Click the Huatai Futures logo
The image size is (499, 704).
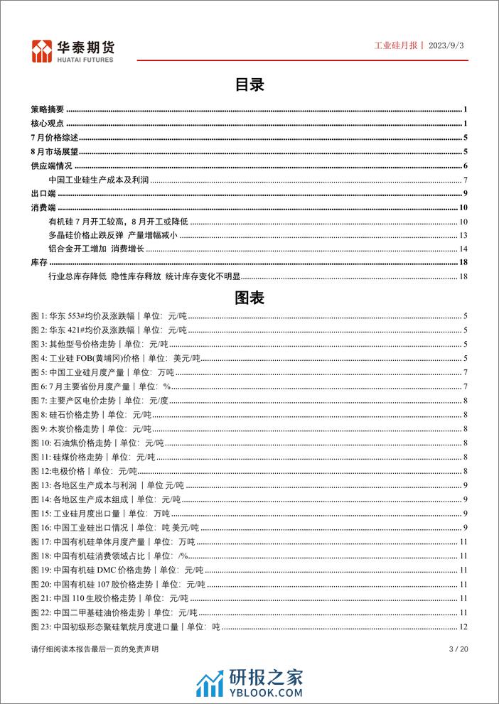coord(73,48)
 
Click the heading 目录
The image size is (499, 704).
coord(249,85)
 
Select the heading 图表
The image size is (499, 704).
coord(249,298)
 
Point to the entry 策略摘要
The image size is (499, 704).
coord(48,109)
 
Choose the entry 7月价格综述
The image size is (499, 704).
coord(55,138)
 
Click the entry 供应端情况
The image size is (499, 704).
coord(52,166)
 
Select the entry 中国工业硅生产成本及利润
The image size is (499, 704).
coord(100,180)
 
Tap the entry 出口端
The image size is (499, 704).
coord(43,194)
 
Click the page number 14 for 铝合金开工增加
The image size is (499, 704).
coord(462,249)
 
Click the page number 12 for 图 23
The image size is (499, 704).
coord(462,627)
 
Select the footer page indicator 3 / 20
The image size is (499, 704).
coord(457,649)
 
